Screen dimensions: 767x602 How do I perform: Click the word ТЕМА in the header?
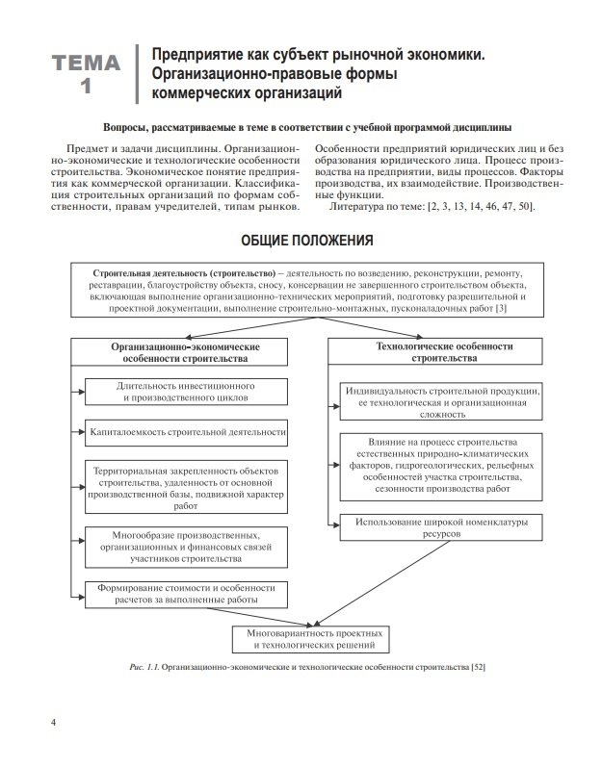(x=87, y=64)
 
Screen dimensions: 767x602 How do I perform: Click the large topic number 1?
(x=87, y=87)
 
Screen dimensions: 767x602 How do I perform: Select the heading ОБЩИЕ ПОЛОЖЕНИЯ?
(x=305, y=240)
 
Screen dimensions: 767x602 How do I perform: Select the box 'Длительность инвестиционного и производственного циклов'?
(x=185, y=391)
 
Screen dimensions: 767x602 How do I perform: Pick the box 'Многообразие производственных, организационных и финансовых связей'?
(x=186, y=545)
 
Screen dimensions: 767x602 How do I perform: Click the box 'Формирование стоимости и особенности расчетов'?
(x=186, y=593)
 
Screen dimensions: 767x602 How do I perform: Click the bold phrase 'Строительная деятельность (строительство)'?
(x=184, y=273)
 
